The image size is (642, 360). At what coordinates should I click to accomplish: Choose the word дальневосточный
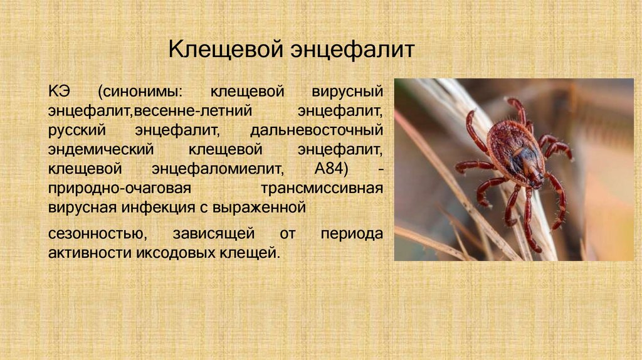316,131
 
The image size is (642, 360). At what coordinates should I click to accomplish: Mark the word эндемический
100,151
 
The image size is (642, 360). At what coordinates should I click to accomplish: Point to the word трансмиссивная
322,189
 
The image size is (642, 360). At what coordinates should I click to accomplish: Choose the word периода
351,234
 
